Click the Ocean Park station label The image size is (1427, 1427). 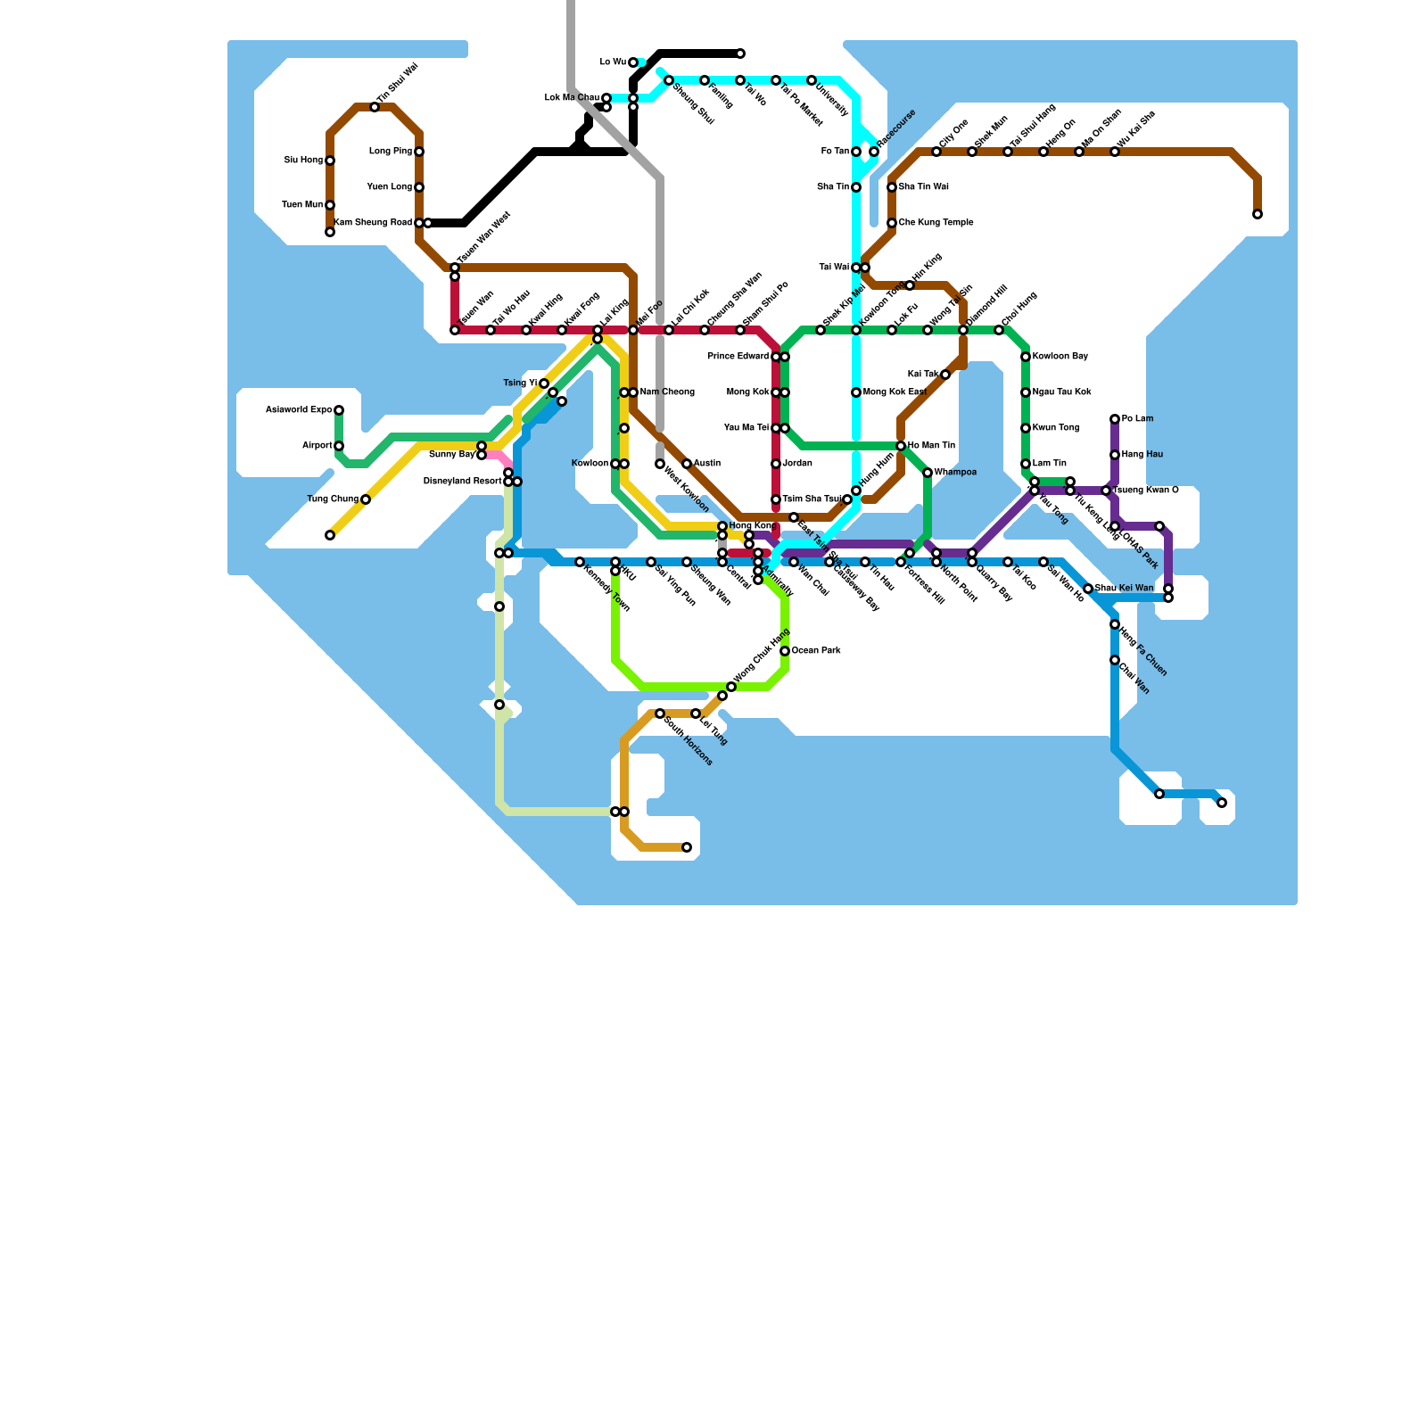[816, 651]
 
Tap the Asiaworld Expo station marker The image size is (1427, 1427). [339, 410]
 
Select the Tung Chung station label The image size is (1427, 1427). [333, 499]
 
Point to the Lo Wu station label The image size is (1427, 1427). [613, 62]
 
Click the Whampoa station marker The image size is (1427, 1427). [928, 473]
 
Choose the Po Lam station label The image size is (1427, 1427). [1137, 419]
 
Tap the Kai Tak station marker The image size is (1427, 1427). [945, 375]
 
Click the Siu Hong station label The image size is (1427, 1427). [303, 161]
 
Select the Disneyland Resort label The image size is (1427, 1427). [462, 482]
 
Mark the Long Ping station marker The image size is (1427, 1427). [419, 152]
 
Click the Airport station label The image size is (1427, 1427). [317, 446]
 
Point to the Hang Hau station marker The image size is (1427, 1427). [1115, 455]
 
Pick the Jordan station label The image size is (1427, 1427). [797, 464]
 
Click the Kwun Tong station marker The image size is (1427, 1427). [1026, 428]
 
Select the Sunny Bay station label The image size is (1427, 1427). [452, 455]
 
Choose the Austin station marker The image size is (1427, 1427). [687, 464]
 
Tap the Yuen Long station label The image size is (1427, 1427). [390, 187]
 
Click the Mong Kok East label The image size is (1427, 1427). [895, 392]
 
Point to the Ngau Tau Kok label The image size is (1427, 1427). [1061, 392]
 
